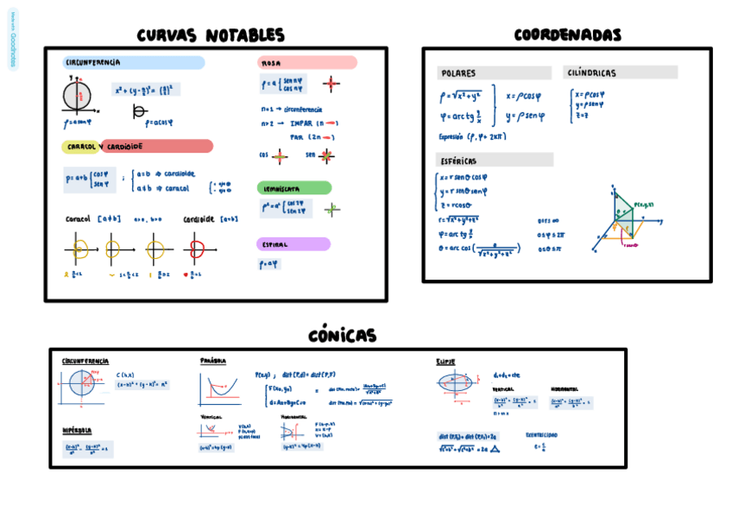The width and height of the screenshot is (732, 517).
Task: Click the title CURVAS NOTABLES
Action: (x=211, y=35)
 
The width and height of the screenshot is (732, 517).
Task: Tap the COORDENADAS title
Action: (x=567, y=35)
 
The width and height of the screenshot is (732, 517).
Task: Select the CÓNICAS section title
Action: (x=342, y=336)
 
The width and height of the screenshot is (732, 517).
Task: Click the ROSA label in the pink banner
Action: (x=271, y=63)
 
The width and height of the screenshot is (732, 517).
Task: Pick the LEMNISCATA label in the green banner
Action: (x=281, y=188)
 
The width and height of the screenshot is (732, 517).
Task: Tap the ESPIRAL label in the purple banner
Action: (x=275, y=244)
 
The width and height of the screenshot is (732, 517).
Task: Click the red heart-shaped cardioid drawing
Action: (x=198, y=250)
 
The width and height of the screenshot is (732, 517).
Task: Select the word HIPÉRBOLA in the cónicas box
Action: (x=77, y=431)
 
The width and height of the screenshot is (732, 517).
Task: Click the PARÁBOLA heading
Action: (x=213, y=361)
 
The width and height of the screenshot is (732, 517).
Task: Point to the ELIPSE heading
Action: (x=445, y=362)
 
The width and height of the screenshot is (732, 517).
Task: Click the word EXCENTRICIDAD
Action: (x=541, y=435)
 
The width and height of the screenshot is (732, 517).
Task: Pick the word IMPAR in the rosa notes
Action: (x=300, y=123)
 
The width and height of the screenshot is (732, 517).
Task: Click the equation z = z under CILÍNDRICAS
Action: (x=582, y=115)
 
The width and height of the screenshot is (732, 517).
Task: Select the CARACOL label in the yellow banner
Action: (x=81, y=147)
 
